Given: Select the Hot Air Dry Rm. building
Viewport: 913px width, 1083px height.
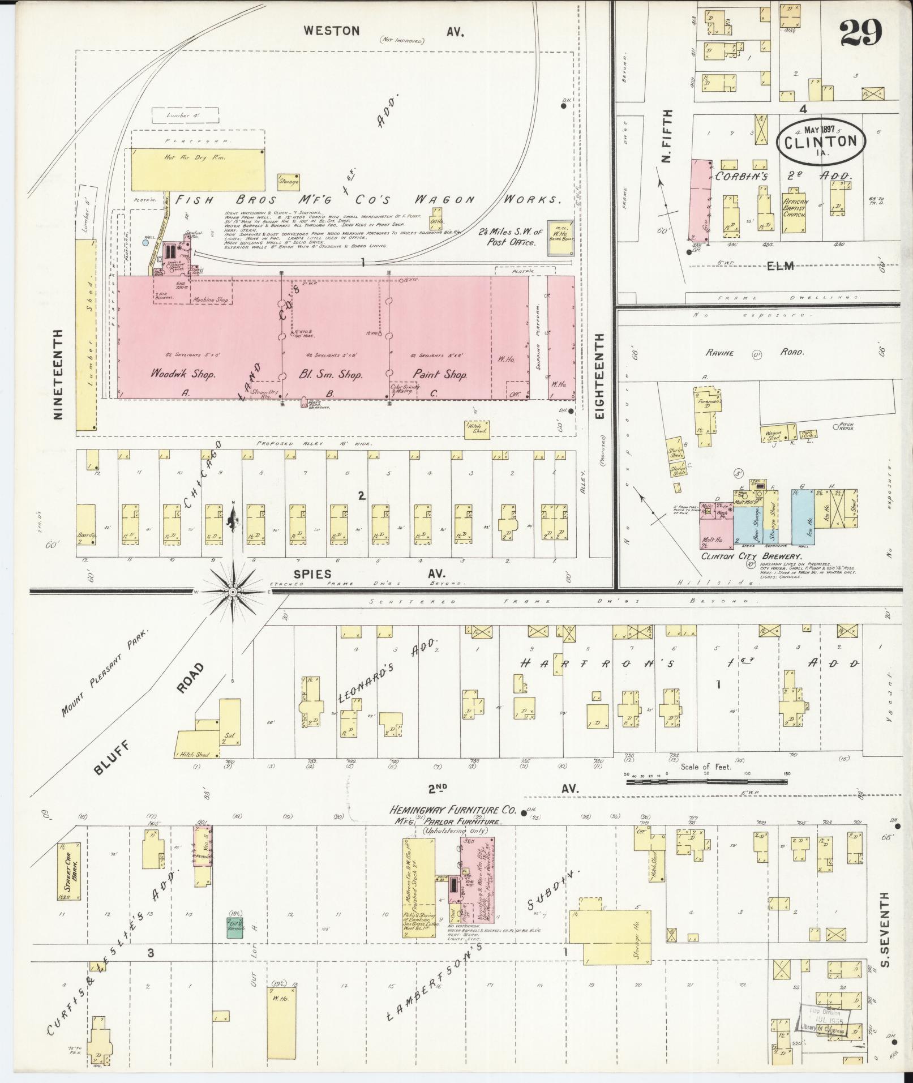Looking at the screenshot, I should click(x=198, y=168).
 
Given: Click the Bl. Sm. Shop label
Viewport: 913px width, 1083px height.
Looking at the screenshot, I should click(x=330, y=374).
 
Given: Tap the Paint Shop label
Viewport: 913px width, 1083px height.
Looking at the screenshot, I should click(x=440, y=374).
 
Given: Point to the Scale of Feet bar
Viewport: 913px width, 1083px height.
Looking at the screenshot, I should click(x=706, y=782).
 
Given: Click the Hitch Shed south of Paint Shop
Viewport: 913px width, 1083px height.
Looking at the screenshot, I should click(x=477, y=430).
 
